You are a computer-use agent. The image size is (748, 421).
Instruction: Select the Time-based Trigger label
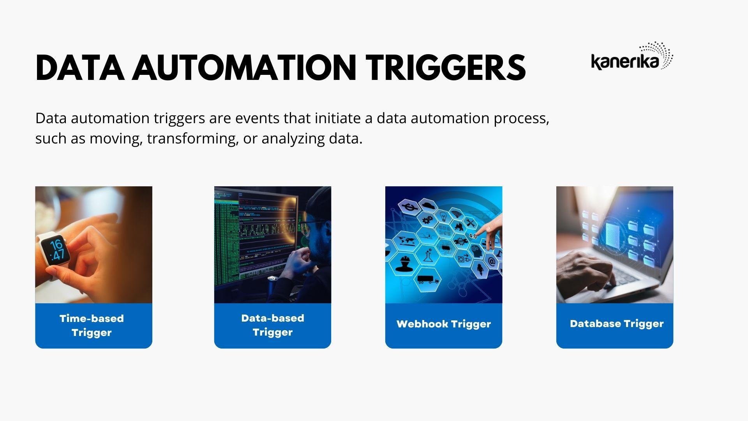tap(92, 325)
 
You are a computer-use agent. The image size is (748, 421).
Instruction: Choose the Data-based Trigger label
tap(272, 325)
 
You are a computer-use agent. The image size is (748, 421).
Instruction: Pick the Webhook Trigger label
tap(443, 324)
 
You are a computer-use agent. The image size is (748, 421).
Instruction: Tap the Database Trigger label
tap(616, 324)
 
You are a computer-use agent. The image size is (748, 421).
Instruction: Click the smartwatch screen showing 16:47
tap(57, 249)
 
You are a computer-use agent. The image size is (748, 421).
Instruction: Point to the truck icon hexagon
tap(427, 279)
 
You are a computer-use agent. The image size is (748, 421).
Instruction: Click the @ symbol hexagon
tap(492, 262)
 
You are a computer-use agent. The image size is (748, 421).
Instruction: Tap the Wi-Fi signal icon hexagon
tap(456, 213)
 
